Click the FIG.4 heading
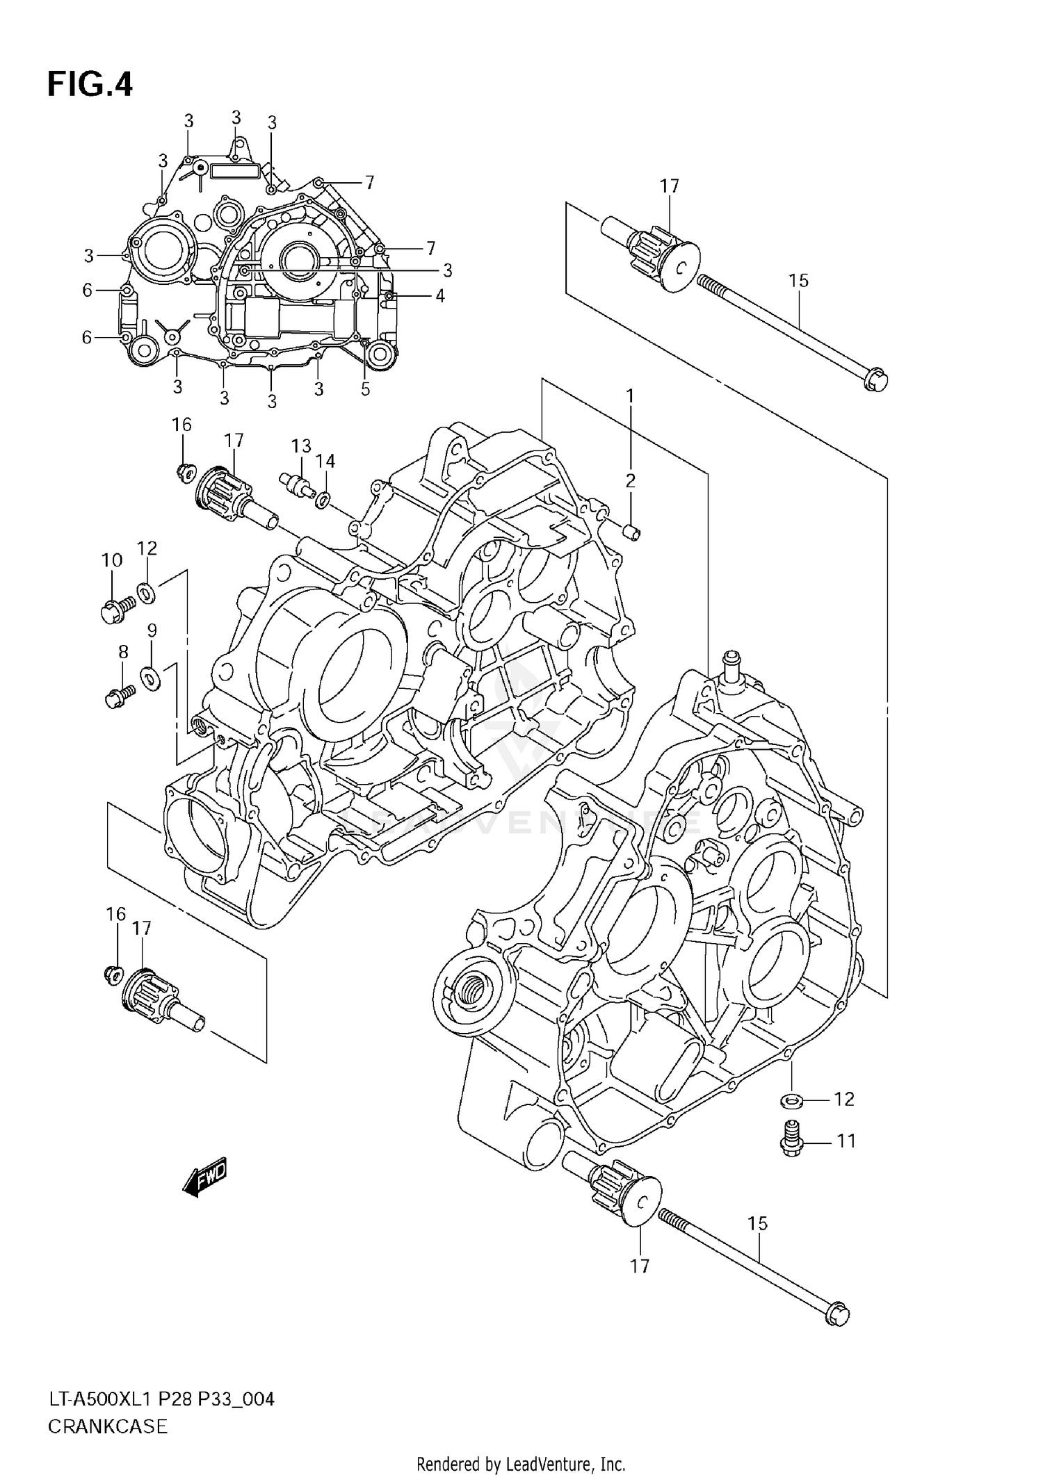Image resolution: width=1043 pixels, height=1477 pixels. [90, 85]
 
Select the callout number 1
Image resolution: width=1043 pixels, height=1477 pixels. [630, 396]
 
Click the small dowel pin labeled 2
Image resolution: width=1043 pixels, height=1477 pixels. [631, 532]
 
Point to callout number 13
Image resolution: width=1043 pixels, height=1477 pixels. [301, 446]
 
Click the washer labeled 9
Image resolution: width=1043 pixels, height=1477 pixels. [150, 677]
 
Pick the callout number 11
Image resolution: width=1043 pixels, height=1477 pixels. [846, 1141]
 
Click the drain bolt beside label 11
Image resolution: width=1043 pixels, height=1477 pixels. [790, 1139]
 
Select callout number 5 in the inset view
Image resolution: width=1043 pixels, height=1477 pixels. [366, 389]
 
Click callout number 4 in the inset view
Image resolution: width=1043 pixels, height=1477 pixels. [439, 296]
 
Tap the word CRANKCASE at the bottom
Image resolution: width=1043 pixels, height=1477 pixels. [108, 1426]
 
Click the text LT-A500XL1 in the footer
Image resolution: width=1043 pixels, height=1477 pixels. [95, 1398]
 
